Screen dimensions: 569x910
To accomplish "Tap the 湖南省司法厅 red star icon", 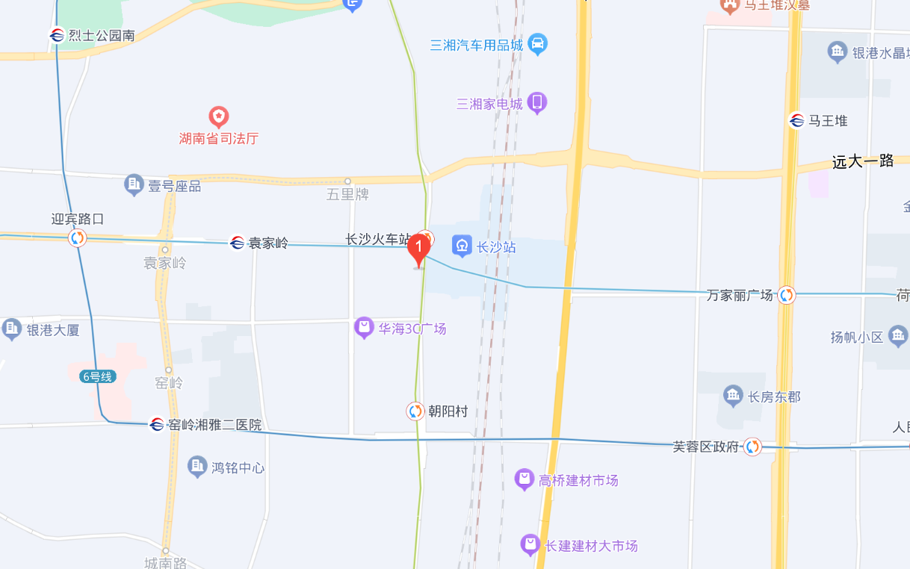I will (218, 116).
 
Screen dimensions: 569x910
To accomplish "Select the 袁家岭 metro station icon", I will (237, 243).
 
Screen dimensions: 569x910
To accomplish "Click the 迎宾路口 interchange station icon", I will (77, 238).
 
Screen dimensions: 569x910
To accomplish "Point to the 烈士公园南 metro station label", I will (102, 35).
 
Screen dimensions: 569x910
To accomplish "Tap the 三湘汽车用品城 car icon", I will (537, 44).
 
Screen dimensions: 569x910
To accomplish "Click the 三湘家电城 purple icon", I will (536, 103).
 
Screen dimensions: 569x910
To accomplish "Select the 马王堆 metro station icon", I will (796, 120).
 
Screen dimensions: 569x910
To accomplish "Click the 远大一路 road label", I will (863, 161).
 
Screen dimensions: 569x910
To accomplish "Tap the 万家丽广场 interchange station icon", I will (786, 295).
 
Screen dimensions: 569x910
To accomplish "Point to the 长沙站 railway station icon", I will (462, 246).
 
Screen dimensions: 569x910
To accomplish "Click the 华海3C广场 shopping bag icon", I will (364, 328).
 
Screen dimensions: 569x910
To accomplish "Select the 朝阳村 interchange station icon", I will (415, 411).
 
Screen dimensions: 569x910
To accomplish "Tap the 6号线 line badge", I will (97, 377).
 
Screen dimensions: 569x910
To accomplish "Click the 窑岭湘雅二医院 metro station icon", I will (157, 424).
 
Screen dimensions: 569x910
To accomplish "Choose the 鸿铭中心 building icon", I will (197, 467).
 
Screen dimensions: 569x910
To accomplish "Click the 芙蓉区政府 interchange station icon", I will (752, 447).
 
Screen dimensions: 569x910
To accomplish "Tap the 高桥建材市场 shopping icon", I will (524, 479).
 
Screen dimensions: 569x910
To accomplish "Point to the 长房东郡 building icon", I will (733, 397).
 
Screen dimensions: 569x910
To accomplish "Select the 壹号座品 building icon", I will (134, 185).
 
